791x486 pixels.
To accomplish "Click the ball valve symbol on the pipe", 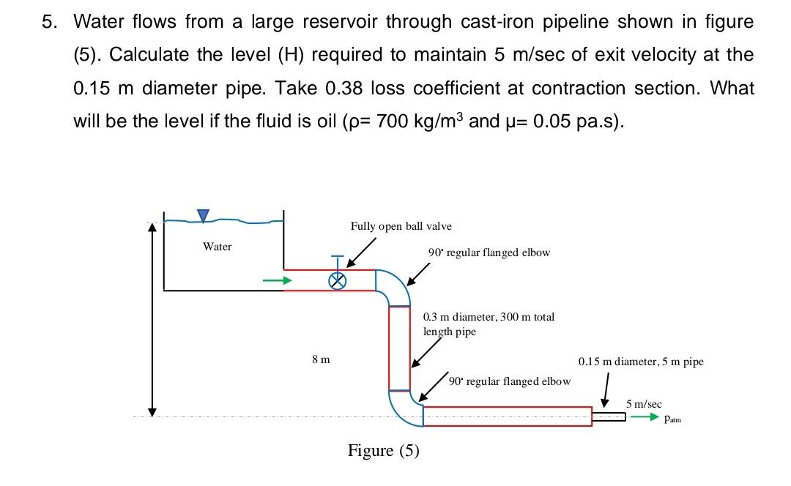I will point(337,280).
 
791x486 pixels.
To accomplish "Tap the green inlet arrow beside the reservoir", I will point(272,280).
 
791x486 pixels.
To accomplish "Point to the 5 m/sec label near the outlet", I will point(644,403).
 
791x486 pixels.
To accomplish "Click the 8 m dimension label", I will point(320,359).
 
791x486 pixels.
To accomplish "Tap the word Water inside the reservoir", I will point(217,247).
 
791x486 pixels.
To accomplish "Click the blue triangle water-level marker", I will point(203,214).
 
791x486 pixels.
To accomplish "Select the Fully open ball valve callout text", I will point(401,226).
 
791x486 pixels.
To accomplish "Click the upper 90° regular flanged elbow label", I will point(489,253).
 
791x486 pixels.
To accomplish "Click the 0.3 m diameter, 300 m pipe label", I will point(489,324).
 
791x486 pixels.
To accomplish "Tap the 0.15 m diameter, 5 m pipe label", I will point(640,362).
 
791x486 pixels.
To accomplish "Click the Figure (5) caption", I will point(383,450).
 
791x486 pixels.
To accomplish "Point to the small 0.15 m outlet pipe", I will point(609,416).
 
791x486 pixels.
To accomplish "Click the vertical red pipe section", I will point(399,348).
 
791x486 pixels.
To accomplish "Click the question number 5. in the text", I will point(48,22).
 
